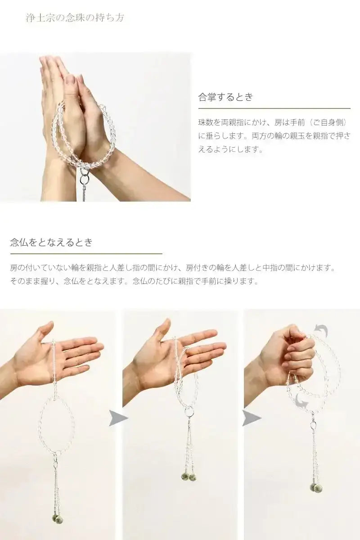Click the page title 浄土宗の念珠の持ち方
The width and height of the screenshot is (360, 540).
(76, 18)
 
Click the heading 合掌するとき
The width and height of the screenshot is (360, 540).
(226, 97)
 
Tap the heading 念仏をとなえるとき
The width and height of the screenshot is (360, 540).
(51, 242)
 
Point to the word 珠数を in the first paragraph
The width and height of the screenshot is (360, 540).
(208, 122)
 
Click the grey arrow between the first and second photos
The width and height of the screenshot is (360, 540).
(118, 418)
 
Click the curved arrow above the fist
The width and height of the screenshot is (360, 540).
(321, 332)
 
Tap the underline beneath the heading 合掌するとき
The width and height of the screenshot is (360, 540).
(274, 108)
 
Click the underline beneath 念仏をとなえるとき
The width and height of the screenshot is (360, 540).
(86, 254)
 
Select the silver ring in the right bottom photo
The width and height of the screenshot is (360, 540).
(312, 424)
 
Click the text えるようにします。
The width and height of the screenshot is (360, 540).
(230, 149)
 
